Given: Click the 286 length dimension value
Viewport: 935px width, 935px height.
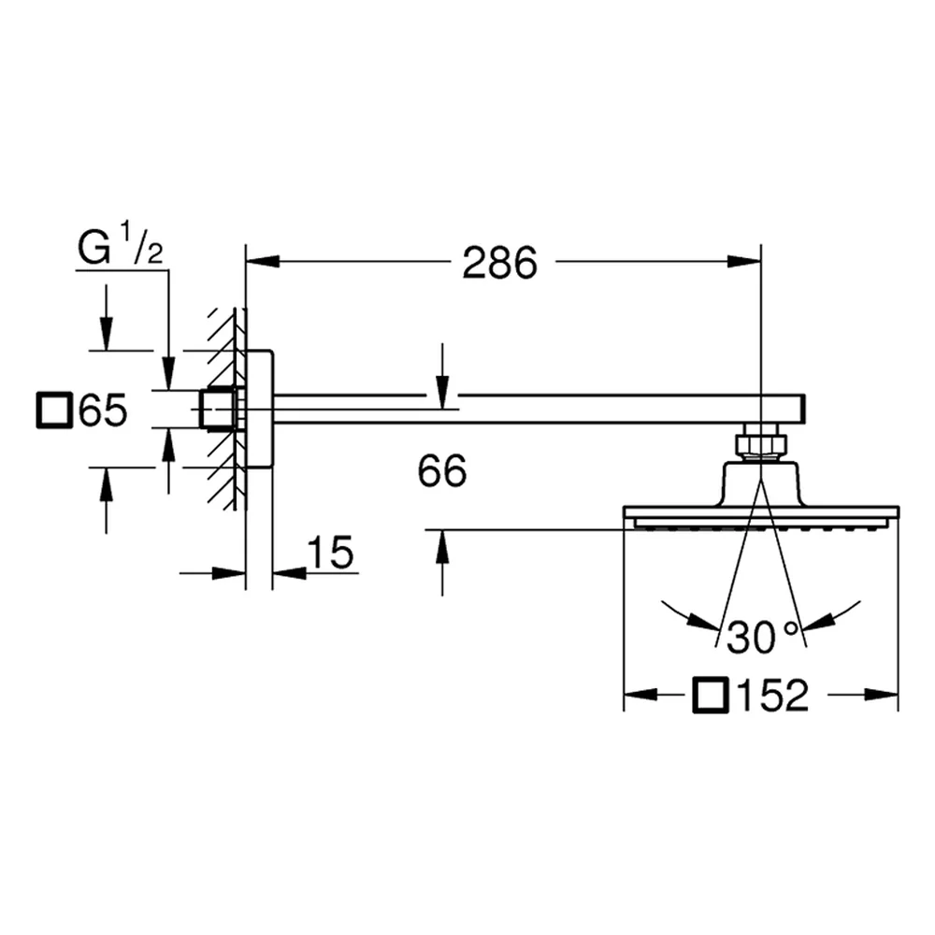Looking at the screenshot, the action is [499, 263].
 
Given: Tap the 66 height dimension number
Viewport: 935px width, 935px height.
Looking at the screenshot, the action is [442, 470].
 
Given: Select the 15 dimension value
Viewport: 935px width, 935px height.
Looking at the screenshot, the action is [331, 552].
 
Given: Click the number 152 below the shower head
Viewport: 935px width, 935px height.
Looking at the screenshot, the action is [773, 695].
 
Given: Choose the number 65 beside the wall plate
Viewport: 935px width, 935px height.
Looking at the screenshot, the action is [103, 410].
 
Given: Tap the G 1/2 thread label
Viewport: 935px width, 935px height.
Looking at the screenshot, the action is [120, 243].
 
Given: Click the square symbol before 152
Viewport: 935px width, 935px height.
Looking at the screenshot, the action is [711, 695].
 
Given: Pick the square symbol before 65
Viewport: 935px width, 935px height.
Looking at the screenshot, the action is [54, 410].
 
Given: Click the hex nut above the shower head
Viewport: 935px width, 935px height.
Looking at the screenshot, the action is [760, 444].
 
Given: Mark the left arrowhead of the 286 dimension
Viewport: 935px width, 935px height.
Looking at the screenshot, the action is [263, 261].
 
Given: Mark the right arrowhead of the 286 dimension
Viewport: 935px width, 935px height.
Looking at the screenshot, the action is [744, 261].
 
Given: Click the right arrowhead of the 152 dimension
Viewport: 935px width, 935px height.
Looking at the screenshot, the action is [882, 694].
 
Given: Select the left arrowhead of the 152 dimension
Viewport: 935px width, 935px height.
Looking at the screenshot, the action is [640, 694].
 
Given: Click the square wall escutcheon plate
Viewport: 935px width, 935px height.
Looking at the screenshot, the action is [259, 410].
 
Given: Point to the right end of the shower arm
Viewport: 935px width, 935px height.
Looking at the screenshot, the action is [804, 410].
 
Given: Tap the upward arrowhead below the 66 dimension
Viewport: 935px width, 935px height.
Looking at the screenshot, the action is [442, 546].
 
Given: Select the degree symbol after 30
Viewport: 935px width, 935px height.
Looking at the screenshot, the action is [791, 628].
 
